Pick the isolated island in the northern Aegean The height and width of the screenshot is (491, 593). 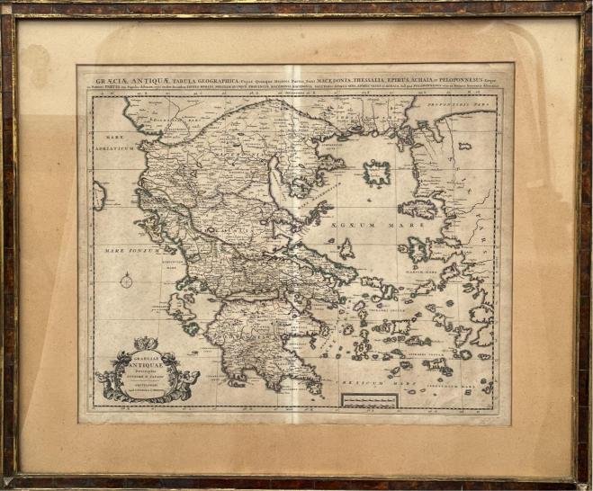(x=376, y=172)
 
